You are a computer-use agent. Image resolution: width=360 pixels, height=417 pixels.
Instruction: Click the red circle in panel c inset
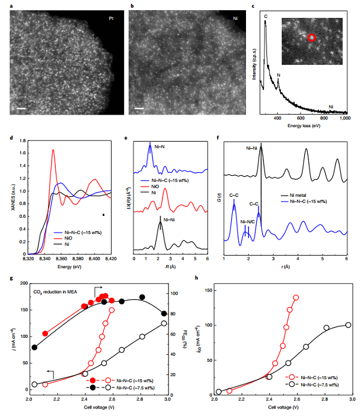pyautogui.click(x=311, y=38)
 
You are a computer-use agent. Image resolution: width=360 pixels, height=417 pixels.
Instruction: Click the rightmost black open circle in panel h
pyautogui.click(x=348, y=325)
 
